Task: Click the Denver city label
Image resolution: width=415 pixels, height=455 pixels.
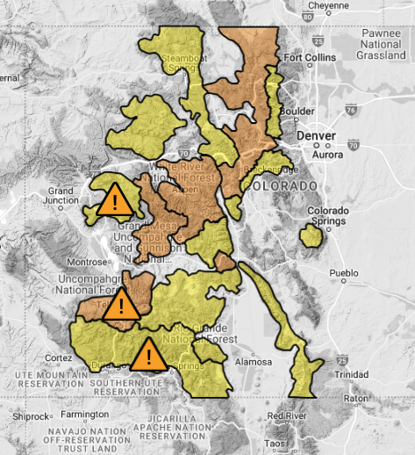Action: tap(317, 138)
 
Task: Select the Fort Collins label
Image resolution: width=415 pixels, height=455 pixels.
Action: tap(306, 59)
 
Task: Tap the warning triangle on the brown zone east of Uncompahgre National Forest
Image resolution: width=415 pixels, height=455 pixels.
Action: tap(120, 307)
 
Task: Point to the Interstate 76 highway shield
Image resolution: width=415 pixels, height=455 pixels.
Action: tap(352, 110)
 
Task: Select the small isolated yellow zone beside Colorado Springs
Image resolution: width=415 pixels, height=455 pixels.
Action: tap(311, 235)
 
